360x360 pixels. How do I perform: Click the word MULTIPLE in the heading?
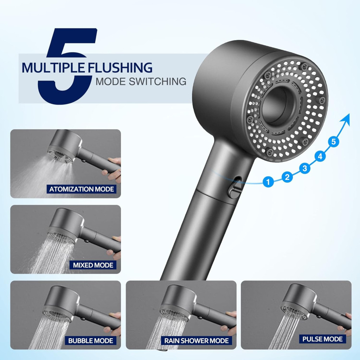pos(53,68)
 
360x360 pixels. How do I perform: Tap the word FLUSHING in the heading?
pos(120,68)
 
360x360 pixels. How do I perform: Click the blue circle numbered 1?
pos(268,182)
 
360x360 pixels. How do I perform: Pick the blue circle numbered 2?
pos(287,177)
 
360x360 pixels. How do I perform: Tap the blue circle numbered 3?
pos(305,168)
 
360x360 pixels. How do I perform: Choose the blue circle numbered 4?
pos(320,156)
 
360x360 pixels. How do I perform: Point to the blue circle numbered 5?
pos(334,142)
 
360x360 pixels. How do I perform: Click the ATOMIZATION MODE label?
pos(82,189)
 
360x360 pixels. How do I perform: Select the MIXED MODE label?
pos(93,265)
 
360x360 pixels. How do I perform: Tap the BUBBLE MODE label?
pos(90,341)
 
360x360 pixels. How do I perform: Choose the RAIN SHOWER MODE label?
pos(196,341)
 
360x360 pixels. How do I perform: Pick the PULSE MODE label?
pos(322,339)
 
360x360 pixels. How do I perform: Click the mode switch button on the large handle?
pos(233,190)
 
